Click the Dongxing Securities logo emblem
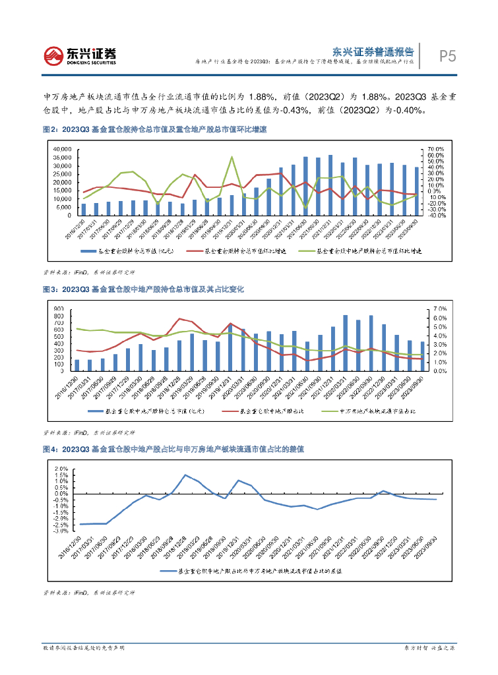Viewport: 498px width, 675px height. click(53, 55)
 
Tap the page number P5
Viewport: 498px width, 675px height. click(448, 57)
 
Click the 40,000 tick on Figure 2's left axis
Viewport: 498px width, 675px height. click(61, 150)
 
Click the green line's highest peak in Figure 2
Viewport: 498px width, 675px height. click(232, 157)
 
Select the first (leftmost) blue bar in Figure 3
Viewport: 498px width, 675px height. click(77, 365)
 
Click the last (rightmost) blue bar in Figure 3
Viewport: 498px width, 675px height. click(423, 356)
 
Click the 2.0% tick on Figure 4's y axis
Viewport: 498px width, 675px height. click(60, 469)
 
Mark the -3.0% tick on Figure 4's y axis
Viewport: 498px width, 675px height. click(60, 530)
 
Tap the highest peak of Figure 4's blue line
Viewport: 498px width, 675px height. click(185, 475)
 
